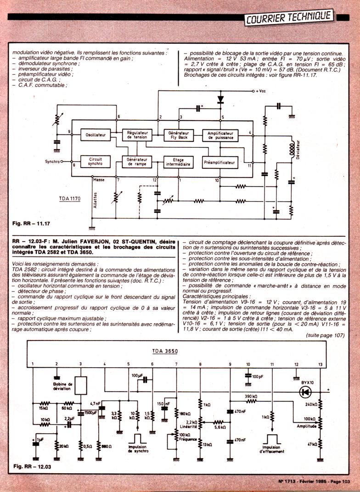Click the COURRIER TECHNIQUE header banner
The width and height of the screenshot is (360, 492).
click(289, 17)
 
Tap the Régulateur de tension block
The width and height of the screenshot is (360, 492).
click(137, 135)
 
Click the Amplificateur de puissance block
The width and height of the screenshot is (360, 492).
click(220, 135)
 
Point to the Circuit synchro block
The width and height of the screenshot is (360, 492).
click(96, 161)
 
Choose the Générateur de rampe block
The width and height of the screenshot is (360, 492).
click(137, 161)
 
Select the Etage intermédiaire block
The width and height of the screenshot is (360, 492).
click(177, 161)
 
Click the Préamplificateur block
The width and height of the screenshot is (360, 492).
click(220, 162)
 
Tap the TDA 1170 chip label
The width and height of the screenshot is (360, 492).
click(69, 199)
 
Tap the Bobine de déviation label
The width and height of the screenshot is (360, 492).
click(63, 386)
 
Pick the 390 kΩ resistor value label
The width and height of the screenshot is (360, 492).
click(251, 396)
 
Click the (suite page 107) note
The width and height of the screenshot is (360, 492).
click(325, 335)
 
